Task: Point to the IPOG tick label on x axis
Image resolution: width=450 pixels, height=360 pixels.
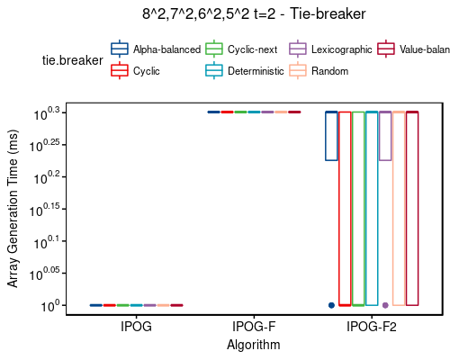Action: pos(136,328)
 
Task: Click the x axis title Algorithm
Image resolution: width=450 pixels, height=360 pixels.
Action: pos(254,345)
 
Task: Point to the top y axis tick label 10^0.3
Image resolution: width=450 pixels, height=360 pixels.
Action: pos(47,113)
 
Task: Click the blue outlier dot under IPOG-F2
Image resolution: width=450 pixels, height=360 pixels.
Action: pos(331,305)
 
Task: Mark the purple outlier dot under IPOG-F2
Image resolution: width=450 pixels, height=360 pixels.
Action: pos(385,305)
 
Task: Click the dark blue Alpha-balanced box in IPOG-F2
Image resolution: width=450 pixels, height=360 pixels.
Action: pos(331,136)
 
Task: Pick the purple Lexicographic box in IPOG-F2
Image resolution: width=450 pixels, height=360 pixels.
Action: pos(385,136)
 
